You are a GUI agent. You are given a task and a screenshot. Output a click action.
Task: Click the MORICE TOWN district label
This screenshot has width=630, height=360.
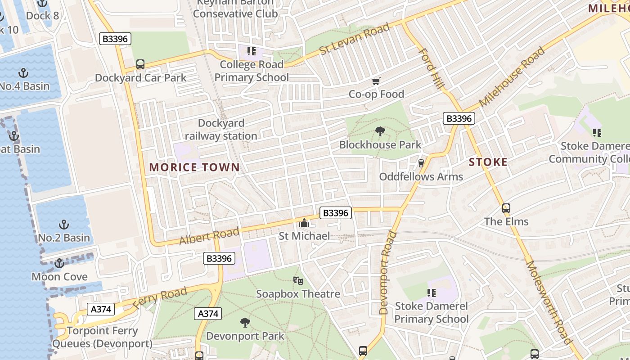coord(194,167)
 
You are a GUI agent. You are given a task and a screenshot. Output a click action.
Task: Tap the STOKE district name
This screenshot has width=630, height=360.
coord(488,162)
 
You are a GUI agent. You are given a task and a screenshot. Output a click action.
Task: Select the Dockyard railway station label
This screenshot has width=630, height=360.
coord(221,130)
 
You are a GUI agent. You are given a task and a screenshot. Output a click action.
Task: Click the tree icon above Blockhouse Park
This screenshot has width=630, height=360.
coord(380,132)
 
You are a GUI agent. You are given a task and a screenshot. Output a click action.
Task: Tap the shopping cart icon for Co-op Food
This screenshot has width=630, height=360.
coord(376,81)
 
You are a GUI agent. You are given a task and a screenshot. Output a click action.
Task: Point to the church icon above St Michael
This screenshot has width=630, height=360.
coord(304,223)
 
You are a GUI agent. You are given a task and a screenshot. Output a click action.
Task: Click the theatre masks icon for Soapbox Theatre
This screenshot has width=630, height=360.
coord(298,281)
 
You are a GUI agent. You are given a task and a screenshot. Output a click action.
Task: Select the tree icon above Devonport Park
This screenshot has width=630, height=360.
coord(245,323)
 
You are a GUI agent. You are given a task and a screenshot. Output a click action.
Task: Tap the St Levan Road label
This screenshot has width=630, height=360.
coord(355,39)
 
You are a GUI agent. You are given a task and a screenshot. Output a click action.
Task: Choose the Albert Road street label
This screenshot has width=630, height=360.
coord(209,236)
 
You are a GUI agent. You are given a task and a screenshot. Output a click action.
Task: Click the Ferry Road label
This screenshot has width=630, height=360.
coord(160,298)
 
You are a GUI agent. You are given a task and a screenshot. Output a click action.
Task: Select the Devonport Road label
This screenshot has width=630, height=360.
coord(387,272)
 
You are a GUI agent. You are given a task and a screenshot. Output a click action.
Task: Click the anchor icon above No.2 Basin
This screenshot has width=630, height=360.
coord(64,225)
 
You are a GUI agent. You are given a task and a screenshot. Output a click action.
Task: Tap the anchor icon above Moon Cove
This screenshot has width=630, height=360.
coord(59,263)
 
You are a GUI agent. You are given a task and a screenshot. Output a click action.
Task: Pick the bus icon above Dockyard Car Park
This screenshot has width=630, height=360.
coord(140,64)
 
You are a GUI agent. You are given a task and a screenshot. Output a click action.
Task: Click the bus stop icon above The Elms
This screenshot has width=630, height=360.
coord(506,208)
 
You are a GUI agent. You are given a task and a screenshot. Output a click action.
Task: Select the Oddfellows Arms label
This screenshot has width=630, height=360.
coord(421,176)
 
